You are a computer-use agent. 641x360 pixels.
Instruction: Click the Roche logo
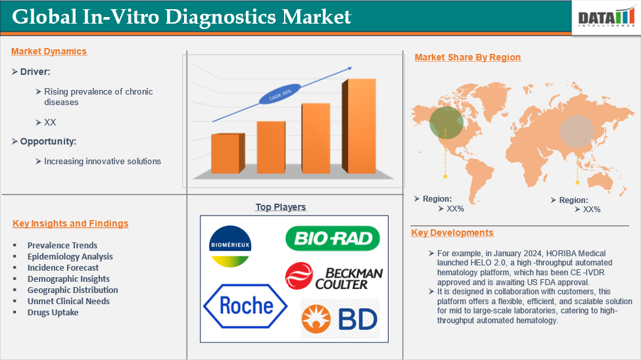[245, 306]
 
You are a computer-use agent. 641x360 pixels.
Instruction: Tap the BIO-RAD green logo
[333, 238]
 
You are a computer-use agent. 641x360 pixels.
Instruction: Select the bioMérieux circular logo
[230, 246]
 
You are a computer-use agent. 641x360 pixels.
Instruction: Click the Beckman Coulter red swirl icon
[299, 276]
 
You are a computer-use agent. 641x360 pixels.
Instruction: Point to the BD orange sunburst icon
[316, 319]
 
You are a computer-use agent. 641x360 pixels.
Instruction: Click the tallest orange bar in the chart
[359, 126]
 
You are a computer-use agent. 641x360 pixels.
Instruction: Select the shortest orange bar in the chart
[228, 153]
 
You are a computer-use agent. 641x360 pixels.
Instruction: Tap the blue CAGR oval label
[280, 94]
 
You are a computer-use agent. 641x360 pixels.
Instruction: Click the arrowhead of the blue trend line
[350, 68]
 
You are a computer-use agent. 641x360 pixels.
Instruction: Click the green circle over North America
[446, 123]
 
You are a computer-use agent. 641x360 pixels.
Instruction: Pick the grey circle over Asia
[577, 131]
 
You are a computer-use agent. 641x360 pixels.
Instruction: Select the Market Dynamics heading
[49, 51]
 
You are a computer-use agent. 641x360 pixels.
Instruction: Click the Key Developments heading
[452, 233]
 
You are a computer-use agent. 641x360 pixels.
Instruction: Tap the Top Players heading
[281, 207]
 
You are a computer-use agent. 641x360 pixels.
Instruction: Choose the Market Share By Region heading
[467, 57]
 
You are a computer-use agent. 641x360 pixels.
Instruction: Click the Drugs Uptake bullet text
[53, 313]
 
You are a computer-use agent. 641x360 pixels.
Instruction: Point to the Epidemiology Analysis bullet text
[70, 257]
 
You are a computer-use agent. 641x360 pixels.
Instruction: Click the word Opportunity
[48, 142]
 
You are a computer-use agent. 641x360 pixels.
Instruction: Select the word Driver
[35, 72]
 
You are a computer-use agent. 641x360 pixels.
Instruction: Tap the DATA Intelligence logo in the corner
[606, 18]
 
